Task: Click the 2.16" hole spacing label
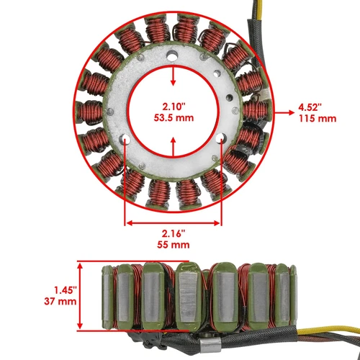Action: click(x=174, y=233)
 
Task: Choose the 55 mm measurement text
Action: click(x=174, y=245)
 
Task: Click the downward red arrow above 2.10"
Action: click(x=173, y=76)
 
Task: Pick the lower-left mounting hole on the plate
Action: click(x=126, y=138)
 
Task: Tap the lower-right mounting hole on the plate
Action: click(x=221, y=138)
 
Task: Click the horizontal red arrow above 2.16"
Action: click(x=174, y=222)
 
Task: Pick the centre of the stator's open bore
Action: click(x=173, y=112)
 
